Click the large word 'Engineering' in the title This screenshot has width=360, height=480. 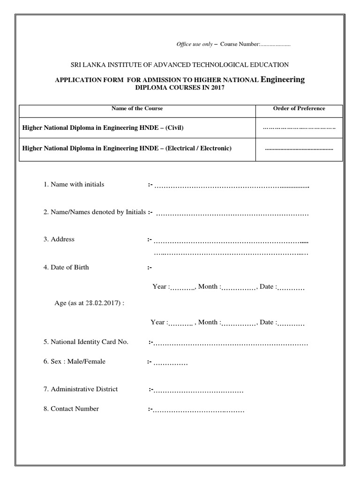pyautogui.click(x=283, y=79)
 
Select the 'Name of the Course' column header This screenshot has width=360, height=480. pyautogui.click(x=137, y=108)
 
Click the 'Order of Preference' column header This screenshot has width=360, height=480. pyautogui.click(x=299, y=108)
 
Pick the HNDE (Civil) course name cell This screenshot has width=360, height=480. pyautogui.click(x=100, y=127)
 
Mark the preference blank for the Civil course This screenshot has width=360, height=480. pyautogui.click(x=299, y=127)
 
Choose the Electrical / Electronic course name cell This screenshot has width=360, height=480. pyautogui.click(x=127, y=148)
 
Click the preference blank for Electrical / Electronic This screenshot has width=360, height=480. pyautogui.click(x=299, y=149)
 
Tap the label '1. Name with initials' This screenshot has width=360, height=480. pyautogui.click(x=74, y=184)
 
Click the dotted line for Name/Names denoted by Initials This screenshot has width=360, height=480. pyautogui.click(x=232, y=215)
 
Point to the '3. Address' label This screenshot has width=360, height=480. pyautogui.click(x=59, y=239)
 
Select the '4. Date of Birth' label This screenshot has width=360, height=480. pyautogui.click(x=66, y=267)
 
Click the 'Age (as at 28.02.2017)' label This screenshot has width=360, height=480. pyautogui.click(x=90, y=303)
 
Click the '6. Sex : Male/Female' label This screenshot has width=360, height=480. pyautogui.click(x=75, y=361)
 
